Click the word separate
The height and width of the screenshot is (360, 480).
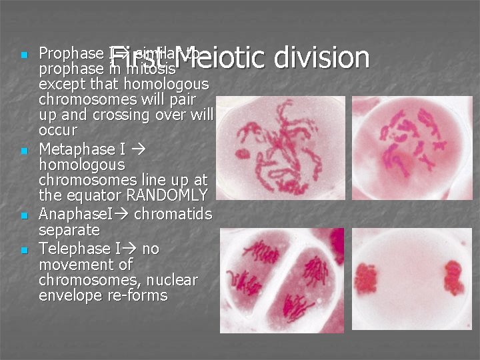pyautogui.click(x=69, y=231)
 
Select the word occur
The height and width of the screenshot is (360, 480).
pyautogui.click(x=58, y=130)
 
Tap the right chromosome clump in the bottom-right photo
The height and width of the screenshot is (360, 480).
pyautogui.click(x=454, y=276)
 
